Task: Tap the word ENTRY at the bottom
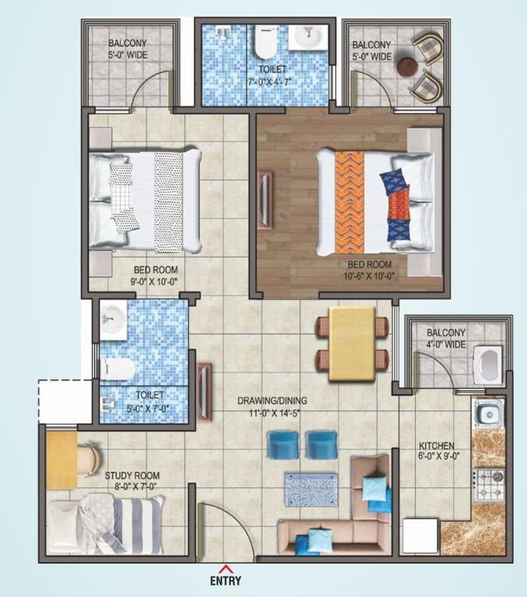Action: point(225,581)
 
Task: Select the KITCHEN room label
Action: point(436,445)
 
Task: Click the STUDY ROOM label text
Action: point(132,476)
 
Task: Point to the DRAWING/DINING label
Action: point(272,400)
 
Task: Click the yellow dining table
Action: point(353,344)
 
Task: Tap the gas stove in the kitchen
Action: point(489,484)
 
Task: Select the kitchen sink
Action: point(489,414)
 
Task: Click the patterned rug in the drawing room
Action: point(311,490)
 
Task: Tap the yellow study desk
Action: point(61,459)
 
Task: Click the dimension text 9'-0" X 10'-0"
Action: point(155,281)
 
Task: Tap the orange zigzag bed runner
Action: point(350,202)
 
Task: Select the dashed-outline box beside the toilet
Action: point(65,400)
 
